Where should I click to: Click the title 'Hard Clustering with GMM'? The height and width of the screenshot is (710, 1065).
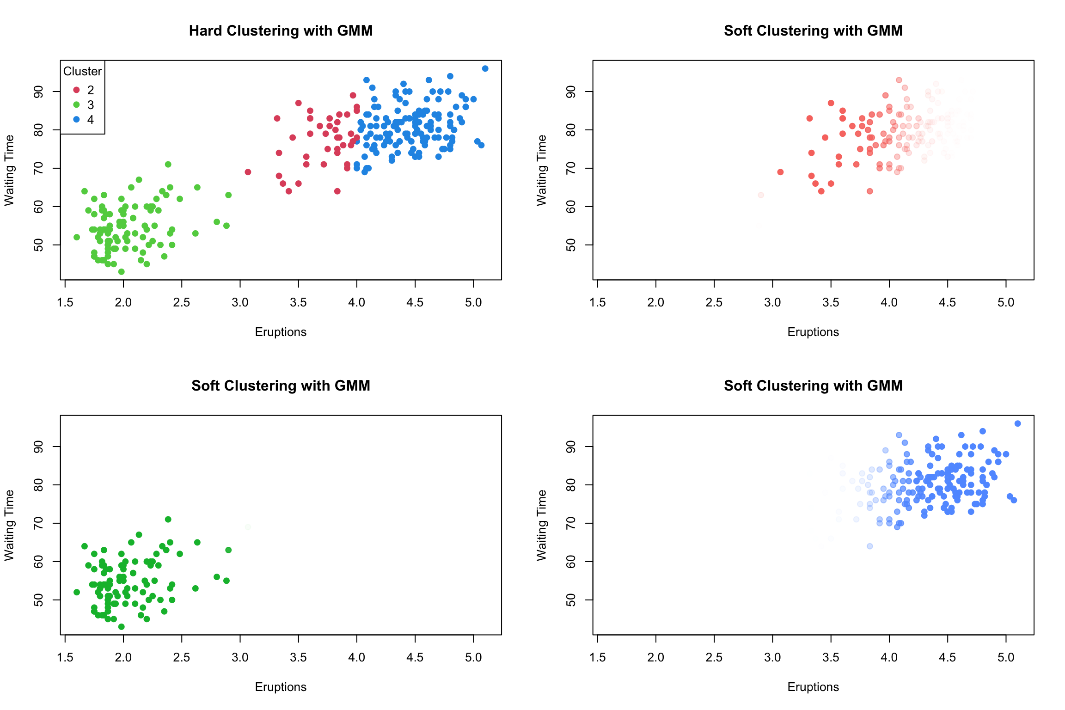pyautogui.click(x=281, y=31)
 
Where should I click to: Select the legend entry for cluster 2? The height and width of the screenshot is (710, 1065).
pyautogui.click(x=83, y=90)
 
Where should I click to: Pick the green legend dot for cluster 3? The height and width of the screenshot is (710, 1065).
pyautogui.click(x=77, y=104)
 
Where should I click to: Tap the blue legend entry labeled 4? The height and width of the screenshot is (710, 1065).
pyautogui.click(x=83, y=120)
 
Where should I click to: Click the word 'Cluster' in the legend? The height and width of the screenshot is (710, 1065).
pyautogui.click(x=82, y=71)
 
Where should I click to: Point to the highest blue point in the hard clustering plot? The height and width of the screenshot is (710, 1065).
pyautogui.click(x=485, y=68)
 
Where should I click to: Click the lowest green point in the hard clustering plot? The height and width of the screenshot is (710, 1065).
pyautogui.click(x=122, y=272)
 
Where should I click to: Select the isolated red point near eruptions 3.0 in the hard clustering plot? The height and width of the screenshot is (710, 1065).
pyautogui.click(x=248, y=172)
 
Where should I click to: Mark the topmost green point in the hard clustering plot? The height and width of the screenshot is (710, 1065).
pyautogui.click(x=168, y=165)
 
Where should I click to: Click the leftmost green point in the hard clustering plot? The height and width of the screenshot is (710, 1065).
pyautogui.click(x=77, y=237)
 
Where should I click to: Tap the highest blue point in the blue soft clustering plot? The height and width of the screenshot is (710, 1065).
pyautogui.click(x=1017, y=423)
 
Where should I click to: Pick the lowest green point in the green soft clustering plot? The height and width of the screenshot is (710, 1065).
pyautogui.click(x=122, y=627)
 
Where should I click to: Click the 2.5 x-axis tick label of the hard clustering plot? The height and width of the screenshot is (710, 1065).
pyautogui.click(x=181, y=302)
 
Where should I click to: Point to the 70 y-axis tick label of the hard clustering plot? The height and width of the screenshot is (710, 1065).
pyautogui.click(x=38, y=168)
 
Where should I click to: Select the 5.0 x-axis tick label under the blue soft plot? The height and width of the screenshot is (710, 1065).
pyautogui.click(x=1005, y=657)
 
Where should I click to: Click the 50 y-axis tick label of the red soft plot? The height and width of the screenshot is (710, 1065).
pyautogui.click(x=571, y=245)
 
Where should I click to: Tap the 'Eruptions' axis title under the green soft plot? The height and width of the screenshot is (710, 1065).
pyautogui.click(x=281, y=687)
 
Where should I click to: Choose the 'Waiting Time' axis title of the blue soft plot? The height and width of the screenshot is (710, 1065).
pyautogui.click(x=541, y=525)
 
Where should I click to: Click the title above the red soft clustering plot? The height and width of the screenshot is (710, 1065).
pyautogui.click(x=813, y=31)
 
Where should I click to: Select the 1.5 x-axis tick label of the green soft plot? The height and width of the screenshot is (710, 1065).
pyautogui.click(x=65, y=657)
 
